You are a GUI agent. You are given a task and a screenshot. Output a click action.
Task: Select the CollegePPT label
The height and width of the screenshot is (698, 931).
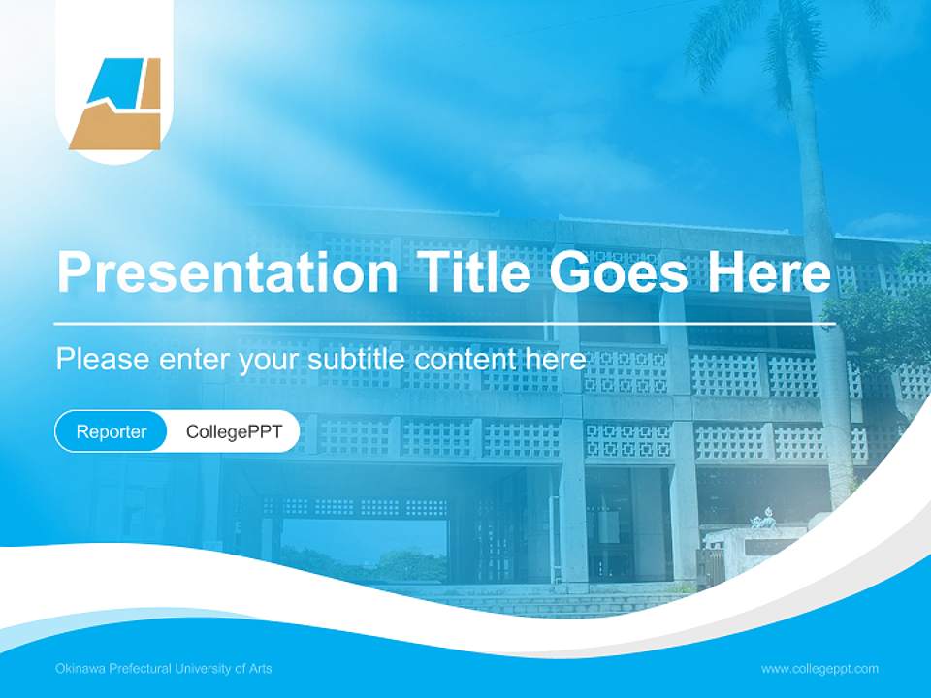(234, 431)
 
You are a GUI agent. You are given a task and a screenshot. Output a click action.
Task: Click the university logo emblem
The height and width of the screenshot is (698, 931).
(114, 104)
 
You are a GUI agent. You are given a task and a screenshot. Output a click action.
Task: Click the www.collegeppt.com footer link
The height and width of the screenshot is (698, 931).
(819, 669)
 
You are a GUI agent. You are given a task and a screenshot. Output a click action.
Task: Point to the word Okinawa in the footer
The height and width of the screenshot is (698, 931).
(80, 669)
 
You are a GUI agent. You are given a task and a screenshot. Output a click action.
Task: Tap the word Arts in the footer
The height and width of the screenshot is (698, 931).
(260, 669)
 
